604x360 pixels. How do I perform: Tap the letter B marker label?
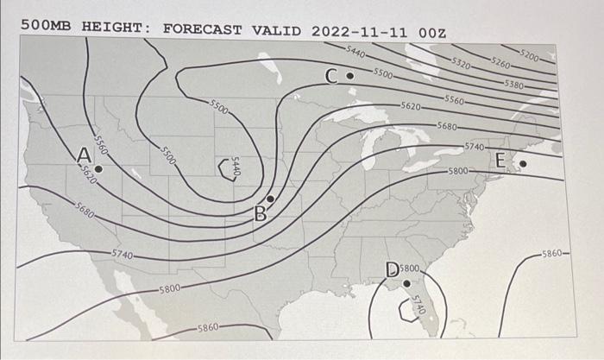[260, 213]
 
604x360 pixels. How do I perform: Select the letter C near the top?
[332, 78]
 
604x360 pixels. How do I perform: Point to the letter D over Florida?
[392, 271]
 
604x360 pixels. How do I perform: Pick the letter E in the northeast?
[502, 161]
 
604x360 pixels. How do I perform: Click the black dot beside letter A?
[98, 169]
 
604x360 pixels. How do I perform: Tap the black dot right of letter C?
[349, 76]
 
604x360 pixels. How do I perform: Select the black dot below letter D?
[406, 283]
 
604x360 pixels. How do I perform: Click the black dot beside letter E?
[522, 161]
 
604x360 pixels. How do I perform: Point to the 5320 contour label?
[462, 64]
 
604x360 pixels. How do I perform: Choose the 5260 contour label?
[500, 63]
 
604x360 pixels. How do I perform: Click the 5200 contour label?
[531, 57]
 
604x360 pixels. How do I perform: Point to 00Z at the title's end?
[430, 32]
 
